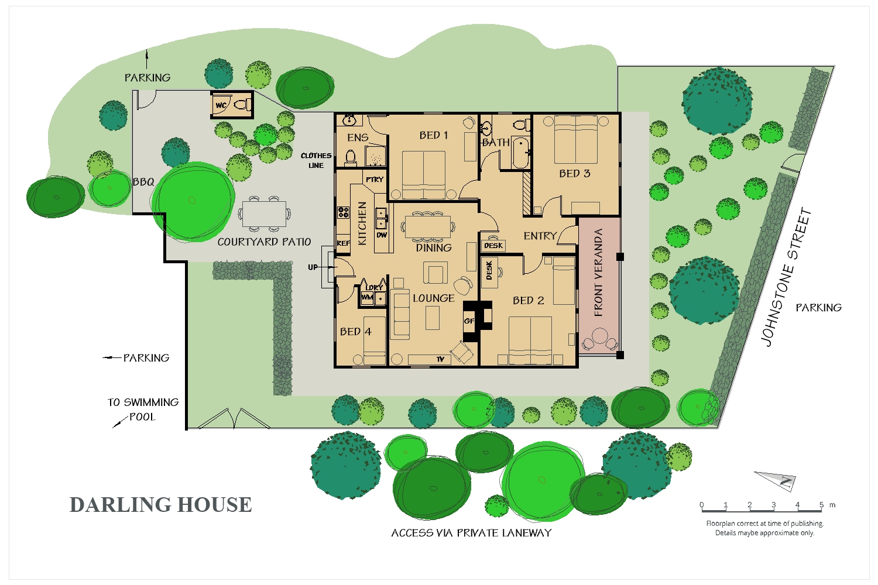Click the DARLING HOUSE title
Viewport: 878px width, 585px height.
(160, 505)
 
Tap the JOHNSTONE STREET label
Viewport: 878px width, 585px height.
(786, 277)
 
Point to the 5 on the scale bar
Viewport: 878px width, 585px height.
(821, 505)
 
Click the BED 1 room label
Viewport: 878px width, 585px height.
(434, 135)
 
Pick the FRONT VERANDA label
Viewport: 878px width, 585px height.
(598, 273)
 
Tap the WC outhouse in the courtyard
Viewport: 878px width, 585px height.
(232, 105)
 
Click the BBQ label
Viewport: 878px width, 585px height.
(143, 182)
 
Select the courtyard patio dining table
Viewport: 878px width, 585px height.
(265, 214)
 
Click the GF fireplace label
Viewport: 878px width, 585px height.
(469, 321)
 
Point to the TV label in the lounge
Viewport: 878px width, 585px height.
(440, 359)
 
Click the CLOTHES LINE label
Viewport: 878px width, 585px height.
(316, 160)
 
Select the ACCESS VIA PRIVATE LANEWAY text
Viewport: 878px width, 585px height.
(471, 533)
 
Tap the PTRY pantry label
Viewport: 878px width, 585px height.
(375, 180)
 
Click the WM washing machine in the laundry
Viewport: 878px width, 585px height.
(367, 298)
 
